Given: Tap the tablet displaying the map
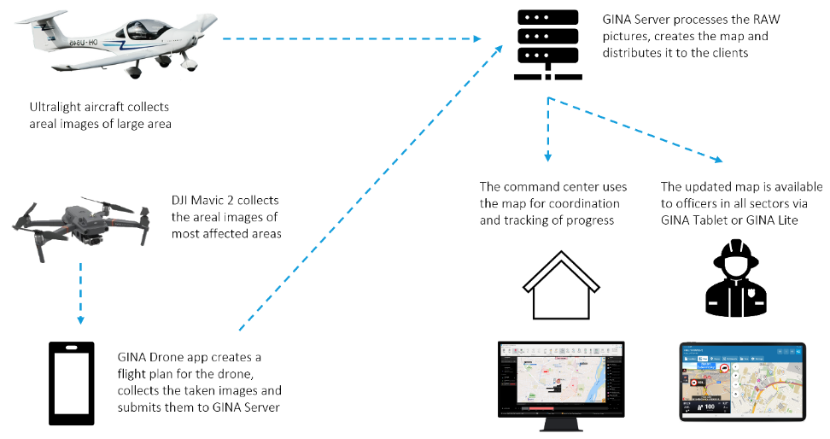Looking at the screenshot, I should pos(742,381).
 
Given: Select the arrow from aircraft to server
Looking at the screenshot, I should pos(350,38).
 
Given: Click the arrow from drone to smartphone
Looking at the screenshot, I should pos(79,290).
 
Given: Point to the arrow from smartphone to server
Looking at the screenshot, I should pos(367,188).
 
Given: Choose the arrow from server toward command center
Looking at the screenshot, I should pos(547,128).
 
